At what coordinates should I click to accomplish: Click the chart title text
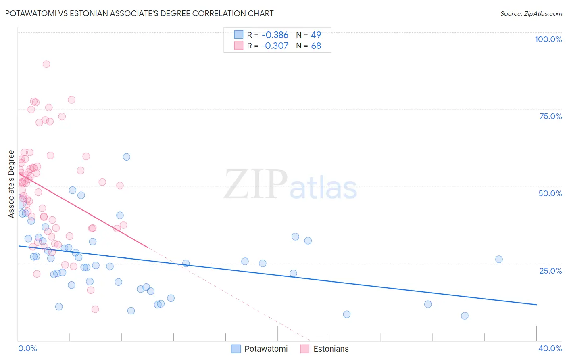140,13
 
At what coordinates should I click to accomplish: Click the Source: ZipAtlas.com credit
531,13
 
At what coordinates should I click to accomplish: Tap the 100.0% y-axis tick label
548,39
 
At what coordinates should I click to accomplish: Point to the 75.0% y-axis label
550,116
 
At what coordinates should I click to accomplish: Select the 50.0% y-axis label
550,193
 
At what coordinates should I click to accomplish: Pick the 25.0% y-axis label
550,271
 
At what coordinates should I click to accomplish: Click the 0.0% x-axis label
27,348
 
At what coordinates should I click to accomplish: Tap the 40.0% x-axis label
550,348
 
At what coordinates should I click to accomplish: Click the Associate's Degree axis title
11,184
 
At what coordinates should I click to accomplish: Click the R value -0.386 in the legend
275,35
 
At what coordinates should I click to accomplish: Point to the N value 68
316,46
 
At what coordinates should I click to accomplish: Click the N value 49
316,35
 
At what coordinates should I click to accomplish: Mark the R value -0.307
275,46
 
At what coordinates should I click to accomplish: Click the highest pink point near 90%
46,64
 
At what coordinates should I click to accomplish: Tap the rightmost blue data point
499,260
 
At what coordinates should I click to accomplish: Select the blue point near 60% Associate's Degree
127,157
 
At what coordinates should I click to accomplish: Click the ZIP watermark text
256,184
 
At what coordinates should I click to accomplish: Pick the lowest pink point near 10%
95,309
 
